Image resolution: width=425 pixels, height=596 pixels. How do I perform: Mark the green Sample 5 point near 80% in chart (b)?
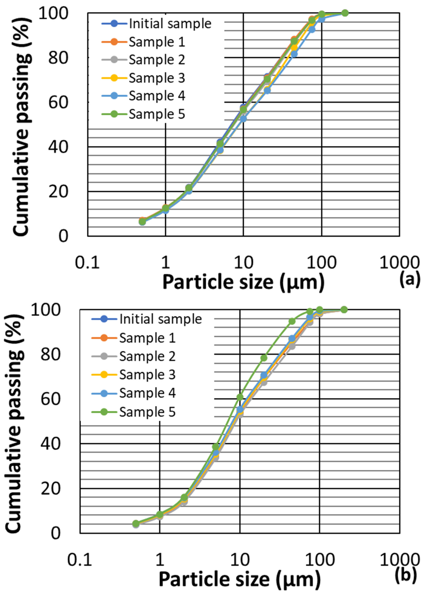(x=264, y=358)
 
